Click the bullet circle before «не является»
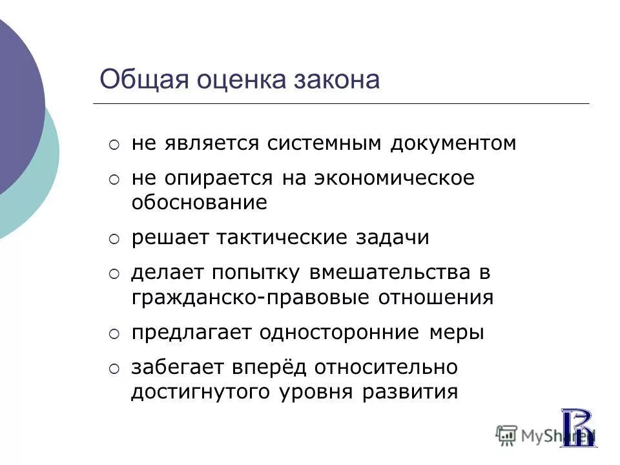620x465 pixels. tap(114, 145)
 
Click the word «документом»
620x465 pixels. tap(453, 143)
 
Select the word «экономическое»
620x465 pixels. tap(394, 178)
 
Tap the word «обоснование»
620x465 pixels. tap(199, 203)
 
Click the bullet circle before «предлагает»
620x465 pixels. tap(114, 334)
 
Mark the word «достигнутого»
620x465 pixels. tap(201, 392)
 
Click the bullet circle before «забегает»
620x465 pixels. tap(114, 369)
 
